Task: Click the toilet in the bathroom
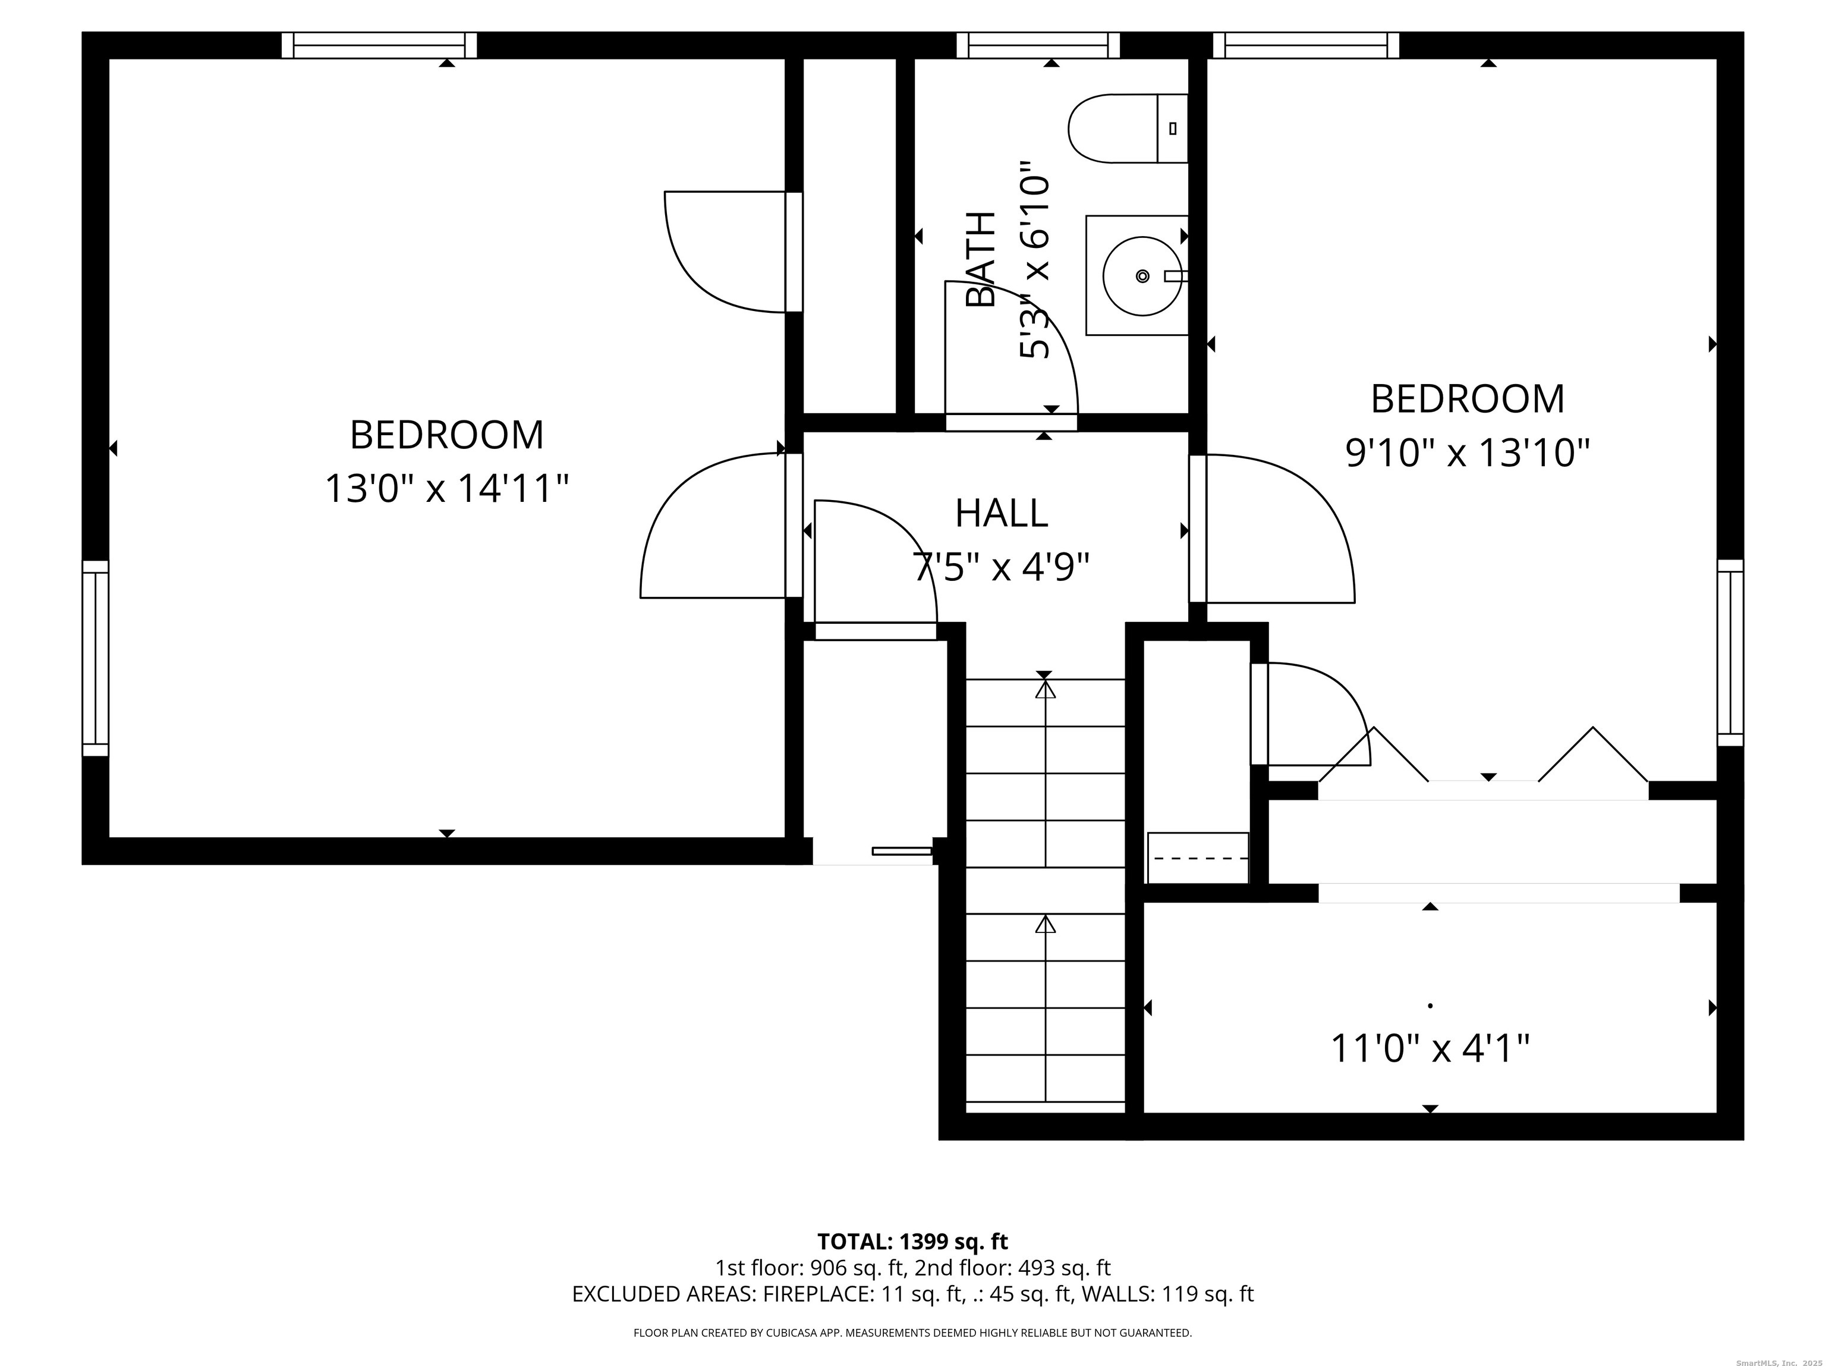[x=1128, y=128]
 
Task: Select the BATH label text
[x=981, y=259]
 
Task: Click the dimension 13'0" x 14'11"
[x=446, y=488]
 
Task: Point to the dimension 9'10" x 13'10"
[x=1468, y=453]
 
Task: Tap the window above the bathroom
[x=1038, y=45]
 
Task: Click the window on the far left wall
[x=96, y=658]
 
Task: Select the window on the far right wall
[x=1730, y=652]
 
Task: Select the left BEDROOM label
[x=446, y=435]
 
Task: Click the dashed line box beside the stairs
[x=1198, y=858]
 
